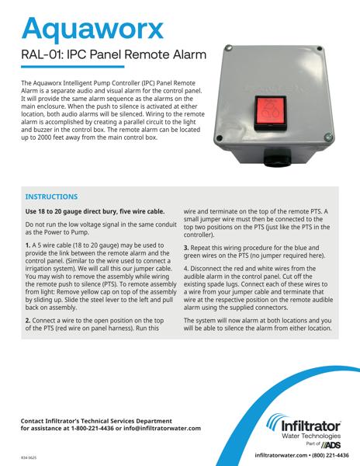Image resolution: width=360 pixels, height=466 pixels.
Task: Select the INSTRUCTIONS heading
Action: pos(51,197)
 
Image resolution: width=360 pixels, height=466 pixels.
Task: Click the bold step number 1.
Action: pos(29,245)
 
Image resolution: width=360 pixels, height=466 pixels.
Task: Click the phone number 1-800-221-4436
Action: pos(125,428)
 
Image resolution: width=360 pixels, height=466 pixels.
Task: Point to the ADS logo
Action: pos(331,444)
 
